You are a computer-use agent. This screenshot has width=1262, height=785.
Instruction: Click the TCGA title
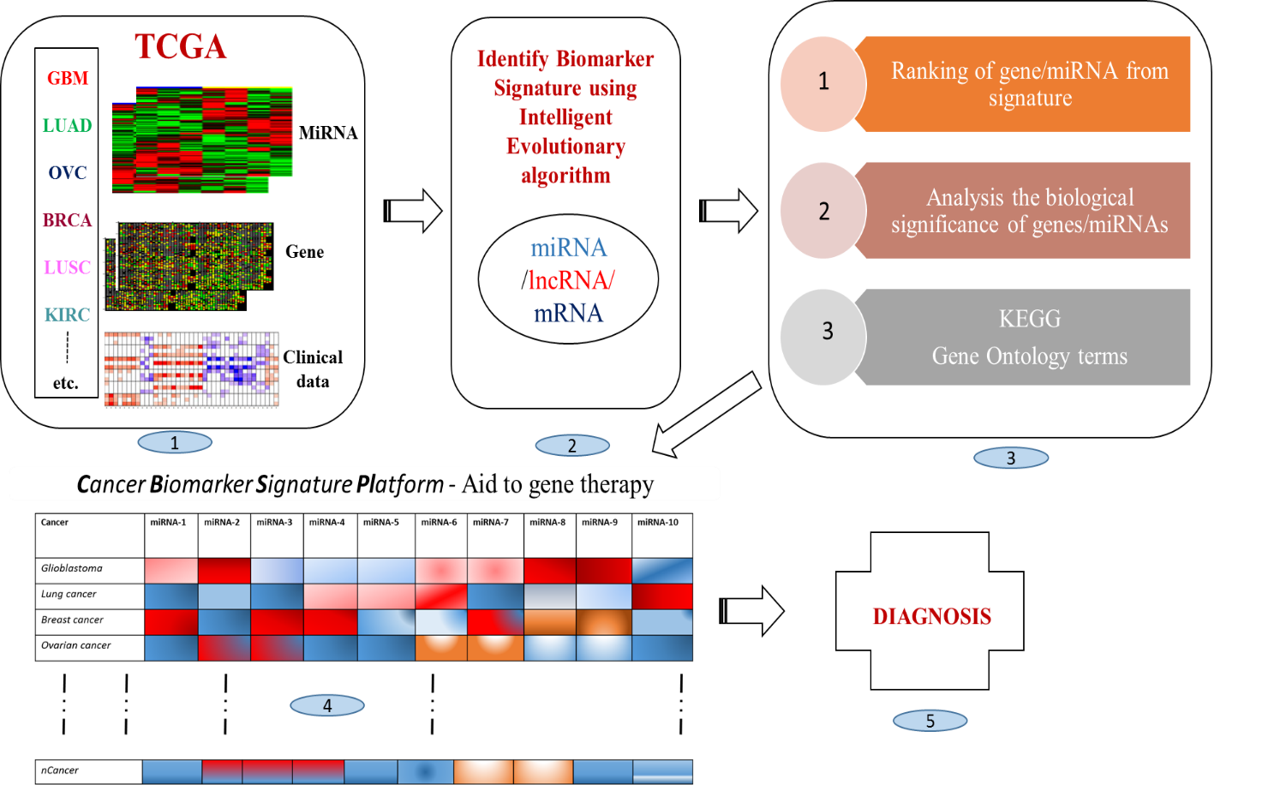180,46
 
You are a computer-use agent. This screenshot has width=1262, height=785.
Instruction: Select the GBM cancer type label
68,79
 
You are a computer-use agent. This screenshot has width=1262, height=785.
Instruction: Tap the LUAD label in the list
68,126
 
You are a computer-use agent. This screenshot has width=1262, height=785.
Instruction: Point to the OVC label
68,173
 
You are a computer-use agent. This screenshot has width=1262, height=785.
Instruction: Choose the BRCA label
68,220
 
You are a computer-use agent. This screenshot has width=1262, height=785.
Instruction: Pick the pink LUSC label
68,267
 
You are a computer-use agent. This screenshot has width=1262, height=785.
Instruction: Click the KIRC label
68,315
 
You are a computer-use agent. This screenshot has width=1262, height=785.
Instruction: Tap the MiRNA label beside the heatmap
328,133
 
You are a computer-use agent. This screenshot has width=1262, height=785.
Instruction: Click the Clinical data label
313,369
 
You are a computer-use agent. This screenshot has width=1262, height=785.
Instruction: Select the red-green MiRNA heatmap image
202,139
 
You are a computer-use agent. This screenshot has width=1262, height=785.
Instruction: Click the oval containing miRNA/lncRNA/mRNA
568,279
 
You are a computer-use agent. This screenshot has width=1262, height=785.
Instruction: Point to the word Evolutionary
565,147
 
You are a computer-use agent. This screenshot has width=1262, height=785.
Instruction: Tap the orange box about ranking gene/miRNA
1029,84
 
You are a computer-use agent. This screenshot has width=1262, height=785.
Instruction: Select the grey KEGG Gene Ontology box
1029,337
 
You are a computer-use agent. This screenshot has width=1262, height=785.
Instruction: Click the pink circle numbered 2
823,211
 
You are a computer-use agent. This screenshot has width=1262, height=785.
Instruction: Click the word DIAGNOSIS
931,616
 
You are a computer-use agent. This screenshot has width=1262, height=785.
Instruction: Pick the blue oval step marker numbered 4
327,705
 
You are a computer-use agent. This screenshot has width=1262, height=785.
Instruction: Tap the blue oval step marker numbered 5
930,721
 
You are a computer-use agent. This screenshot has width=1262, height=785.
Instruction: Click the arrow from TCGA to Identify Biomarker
415,210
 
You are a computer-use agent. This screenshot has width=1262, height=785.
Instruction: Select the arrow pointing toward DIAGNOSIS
753,611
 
